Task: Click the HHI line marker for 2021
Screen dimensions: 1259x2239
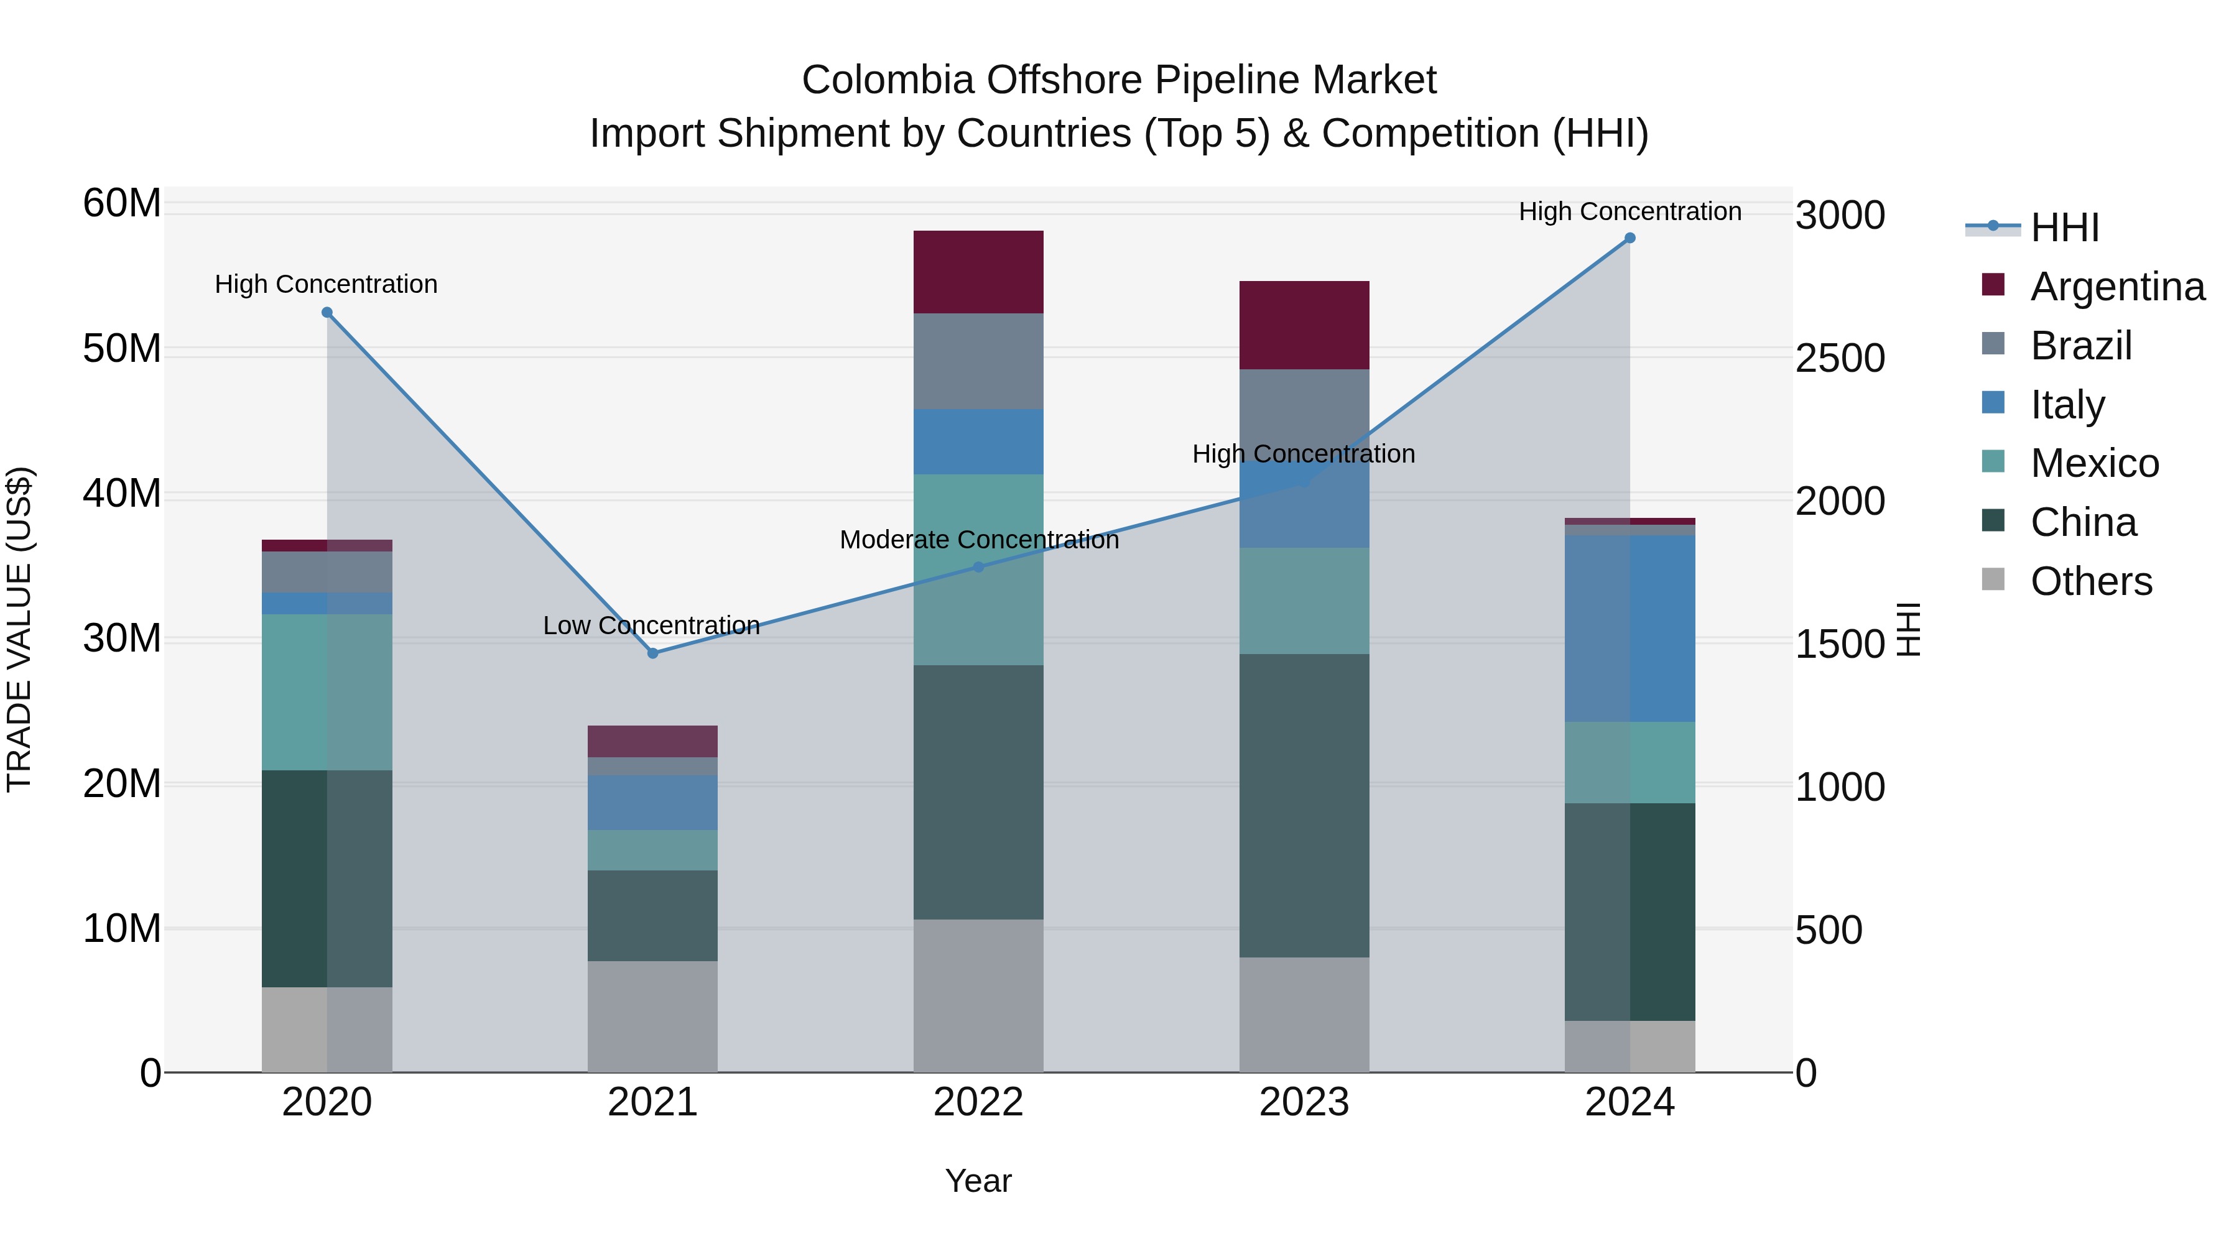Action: pyautogui.click(x=653, y=653)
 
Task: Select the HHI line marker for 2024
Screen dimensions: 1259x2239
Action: pyautogui.click(x=1629, y=238)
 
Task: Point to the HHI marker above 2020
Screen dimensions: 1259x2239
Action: pyautogui.click(x=327, y=313)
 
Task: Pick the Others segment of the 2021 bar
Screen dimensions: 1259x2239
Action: pyautogui.click(x=653, y=1017)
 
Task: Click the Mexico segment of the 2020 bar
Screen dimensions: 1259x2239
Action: pyautogui.click(x=327, y=693)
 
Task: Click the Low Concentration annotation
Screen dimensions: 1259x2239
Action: pyautogui.click(x=651, y=625)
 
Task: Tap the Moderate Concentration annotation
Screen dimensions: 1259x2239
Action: pyautogui.click(x=979, y=540)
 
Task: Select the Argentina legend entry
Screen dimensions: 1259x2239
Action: pyautogui.click(x=2117, y=287)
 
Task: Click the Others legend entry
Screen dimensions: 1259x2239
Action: pyautogui.click(x=2091, y=581)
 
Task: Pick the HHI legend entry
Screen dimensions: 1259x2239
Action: pyautogui.click(x=2064, y=228)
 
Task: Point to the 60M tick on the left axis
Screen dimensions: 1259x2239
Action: pyautogui.click(x=122, y=203)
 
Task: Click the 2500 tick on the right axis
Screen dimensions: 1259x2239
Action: pyautogui.click(x=1839, y=358)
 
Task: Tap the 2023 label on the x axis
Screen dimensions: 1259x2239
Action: pyautogui.click(x=1304, y=1102)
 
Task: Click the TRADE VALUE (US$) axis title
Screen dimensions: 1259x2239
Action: pyautogui.click(x=19, y=629)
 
